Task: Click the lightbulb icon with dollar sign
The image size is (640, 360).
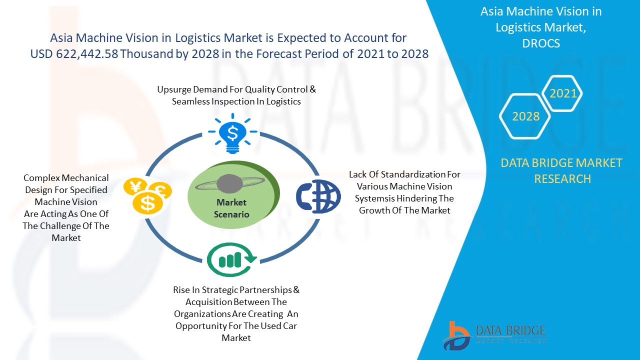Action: (x=232, y=133)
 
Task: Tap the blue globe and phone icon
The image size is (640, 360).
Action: (x=318, y=196)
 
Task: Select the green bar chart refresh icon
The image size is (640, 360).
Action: (x=231, y=259)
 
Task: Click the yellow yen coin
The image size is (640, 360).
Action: (x=135, y=187)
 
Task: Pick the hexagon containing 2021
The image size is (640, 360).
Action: (x=562, y=93)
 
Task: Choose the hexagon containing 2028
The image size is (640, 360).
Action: (x=525, y=116)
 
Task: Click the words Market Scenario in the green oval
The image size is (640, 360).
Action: (x=231, y=208)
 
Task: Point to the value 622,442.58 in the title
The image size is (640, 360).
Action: (x=87, y=53)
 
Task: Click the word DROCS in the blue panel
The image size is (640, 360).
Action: (x=541, y=43)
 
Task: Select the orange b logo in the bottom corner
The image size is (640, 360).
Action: (x=456, y=336)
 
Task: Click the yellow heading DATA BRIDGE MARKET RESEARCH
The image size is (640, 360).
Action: (x=561, y=171)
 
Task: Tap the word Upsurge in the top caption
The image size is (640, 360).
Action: (x=174, y=89)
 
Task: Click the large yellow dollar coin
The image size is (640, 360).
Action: (x=147, y=203)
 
